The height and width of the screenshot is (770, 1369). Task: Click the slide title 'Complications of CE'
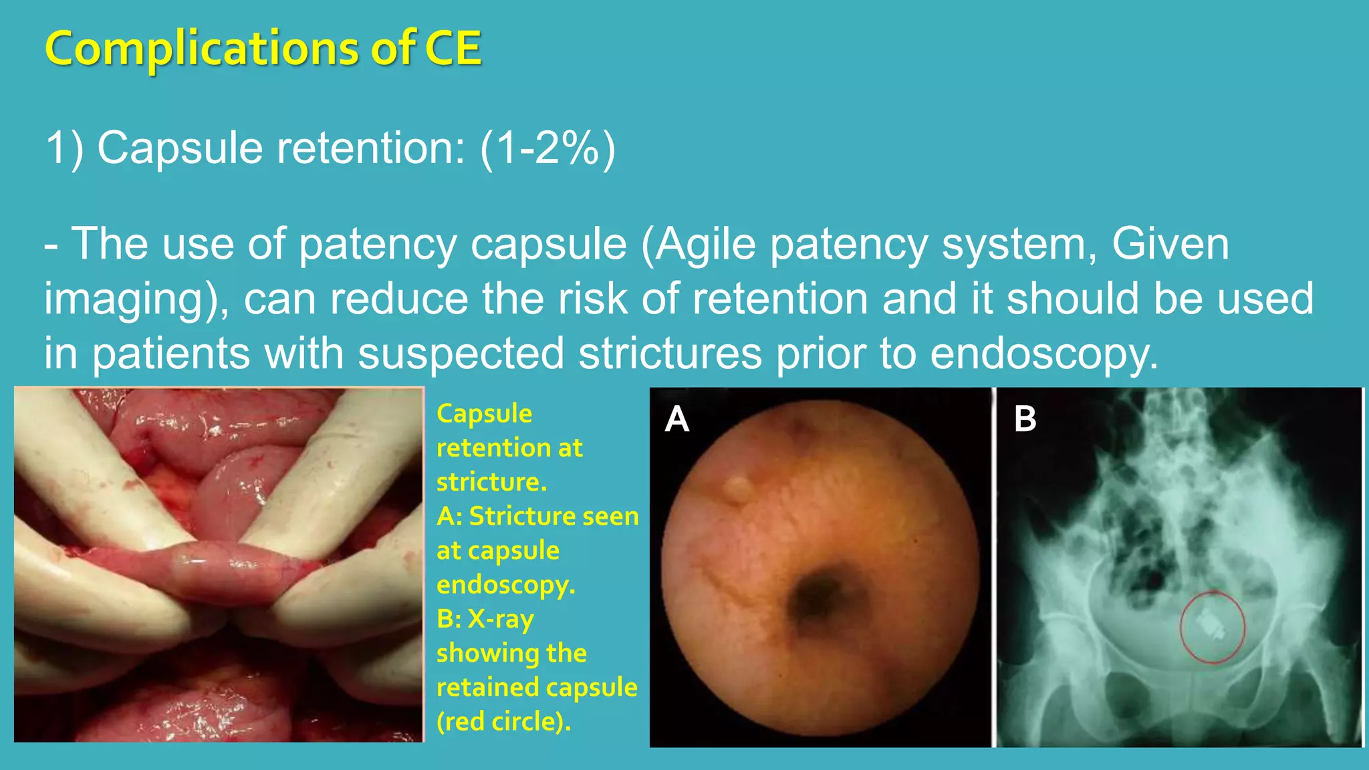[263, 48]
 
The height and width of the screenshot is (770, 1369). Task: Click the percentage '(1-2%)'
[547, 148]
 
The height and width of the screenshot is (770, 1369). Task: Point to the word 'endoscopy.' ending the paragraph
[1044, 354]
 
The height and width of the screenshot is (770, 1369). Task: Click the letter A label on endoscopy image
[676, 420]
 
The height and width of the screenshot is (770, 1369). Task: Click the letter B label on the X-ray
[1025, 419]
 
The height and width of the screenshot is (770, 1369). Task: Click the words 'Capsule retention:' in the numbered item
[281, 148]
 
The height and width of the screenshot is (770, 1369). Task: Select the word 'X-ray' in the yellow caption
[500, 619]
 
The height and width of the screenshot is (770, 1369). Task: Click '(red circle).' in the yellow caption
[504, 722]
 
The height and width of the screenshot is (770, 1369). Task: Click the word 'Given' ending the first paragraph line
[1170, 244]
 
